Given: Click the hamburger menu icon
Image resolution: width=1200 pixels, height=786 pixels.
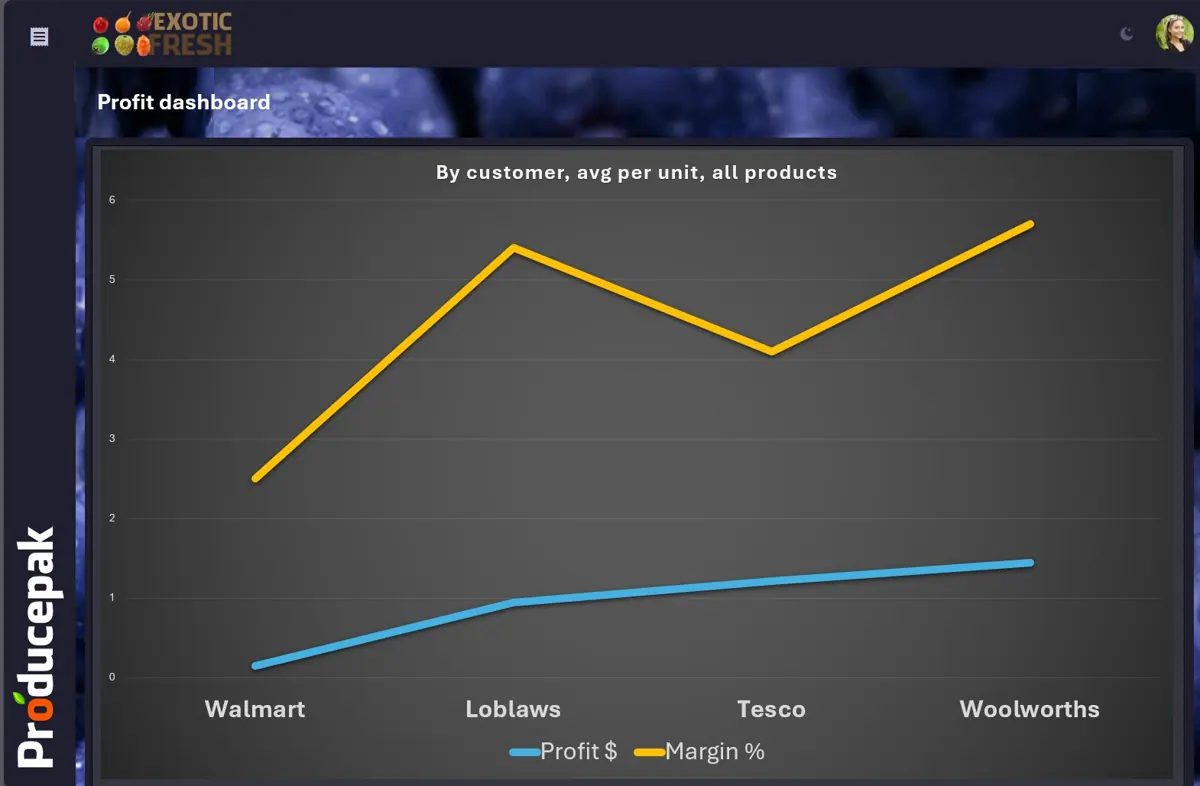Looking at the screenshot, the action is (39, 36).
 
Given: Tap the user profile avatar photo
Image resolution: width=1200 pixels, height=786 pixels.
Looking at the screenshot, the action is (1174, 33).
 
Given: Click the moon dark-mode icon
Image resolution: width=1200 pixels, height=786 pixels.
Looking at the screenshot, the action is (1127, 34).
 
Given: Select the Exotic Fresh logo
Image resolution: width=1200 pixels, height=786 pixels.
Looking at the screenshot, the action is (162, 34).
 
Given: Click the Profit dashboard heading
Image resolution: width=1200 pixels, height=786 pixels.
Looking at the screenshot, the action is (184, 102).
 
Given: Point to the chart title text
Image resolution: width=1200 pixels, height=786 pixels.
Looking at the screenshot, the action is (636, 173).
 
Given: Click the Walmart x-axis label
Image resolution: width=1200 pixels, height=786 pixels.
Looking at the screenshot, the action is (255, 709).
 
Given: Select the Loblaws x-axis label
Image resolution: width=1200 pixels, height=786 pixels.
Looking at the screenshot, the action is (513, 709).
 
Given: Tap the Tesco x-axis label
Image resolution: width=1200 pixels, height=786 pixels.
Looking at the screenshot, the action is (771, 709).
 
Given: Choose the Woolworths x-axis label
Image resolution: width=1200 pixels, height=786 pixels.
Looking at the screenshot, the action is (1029, 709).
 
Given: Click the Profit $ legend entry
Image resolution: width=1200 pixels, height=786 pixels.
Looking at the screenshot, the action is (563, 751).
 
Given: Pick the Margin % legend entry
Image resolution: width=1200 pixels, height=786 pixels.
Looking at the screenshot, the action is (699, 751).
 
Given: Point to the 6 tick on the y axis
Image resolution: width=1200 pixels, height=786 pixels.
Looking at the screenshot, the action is (112, 200).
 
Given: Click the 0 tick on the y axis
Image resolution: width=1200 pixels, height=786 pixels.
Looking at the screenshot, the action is (112, 677).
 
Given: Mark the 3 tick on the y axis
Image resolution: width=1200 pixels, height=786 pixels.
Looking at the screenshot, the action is (112, 438).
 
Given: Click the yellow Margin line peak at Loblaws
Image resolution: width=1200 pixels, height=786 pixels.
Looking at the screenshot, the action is (513, 248).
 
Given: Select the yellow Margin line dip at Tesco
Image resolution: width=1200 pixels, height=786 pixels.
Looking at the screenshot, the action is (771, 351).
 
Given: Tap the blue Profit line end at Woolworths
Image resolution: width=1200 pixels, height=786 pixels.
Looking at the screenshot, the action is (1030, 563).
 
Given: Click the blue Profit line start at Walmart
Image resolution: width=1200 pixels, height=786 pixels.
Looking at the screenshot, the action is (256, 666).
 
